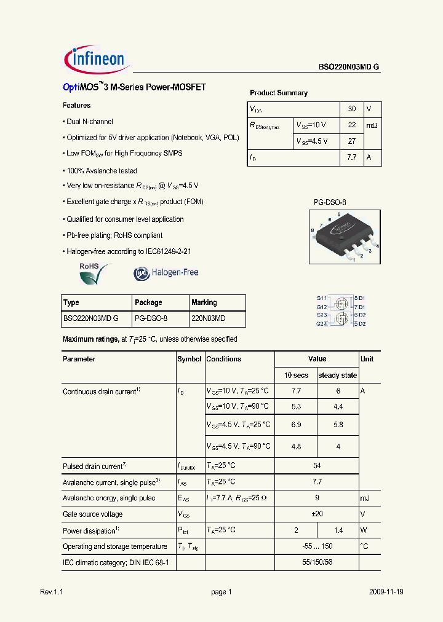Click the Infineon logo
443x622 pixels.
click(x=95, y=60)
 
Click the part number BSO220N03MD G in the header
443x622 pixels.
click(x=349, y=69)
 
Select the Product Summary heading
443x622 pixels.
click(x=278, y=93)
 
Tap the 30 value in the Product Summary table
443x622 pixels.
click(x=352, y=109)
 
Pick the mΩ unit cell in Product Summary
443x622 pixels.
click(x=372, y=125)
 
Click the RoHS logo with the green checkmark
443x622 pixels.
click(x=93, y=273)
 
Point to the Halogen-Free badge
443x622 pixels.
click(x=166, y=272)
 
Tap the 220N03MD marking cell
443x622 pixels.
click(x=209, y=319)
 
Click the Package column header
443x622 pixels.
click(x=148, y=302)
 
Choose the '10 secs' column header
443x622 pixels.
click(x=296, y=375)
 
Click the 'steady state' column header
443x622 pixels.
click(x=337, y=375)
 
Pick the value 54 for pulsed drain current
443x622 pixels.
click(x=317, y=466)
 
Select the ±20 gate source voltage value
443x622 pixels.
click(x=317, y=514)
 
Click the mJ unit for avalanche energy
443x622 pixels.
click(x=365, y=498)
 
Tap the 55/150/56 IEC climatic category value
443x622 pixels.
click(x=317, y=562)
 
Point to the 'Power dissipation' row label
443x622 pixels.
click(x=89, y=530)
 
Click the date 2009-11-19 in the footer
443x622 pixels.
click(x=386, y=592)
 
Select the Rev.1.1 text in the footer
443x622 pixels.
click(x=52, y=592)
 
